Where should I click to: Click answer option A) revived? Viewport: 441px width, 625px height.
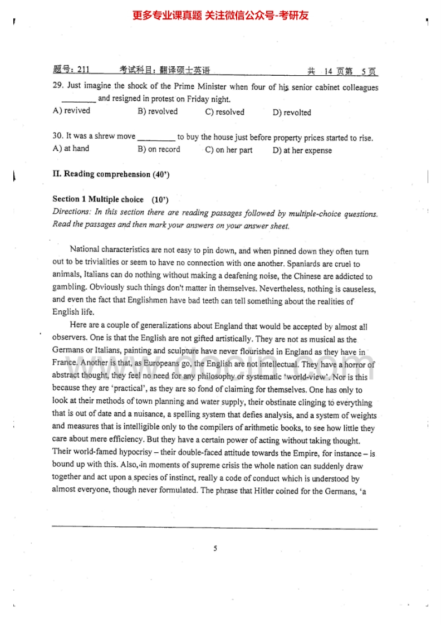(71, 111)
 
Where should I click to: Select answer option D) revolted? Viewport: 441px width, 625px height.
(292, 113)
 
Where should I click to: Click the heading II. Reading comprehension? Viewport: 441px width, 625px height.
(111, 174)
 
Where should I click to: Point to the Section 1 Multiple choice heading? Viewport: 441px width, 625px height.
(98, 199)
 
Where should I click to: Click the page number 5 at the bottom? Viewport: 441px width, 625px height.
(215, 549)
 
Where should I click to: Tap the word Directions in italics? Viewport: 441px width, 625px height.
(71, 212)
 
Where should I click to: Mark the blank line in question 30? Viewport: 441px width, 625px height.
(156, 138)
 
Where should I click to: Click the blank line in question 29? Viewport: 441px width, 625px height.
(79, 100)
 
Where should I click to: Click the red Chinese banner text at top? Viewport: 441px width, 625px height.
(220, 16)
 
